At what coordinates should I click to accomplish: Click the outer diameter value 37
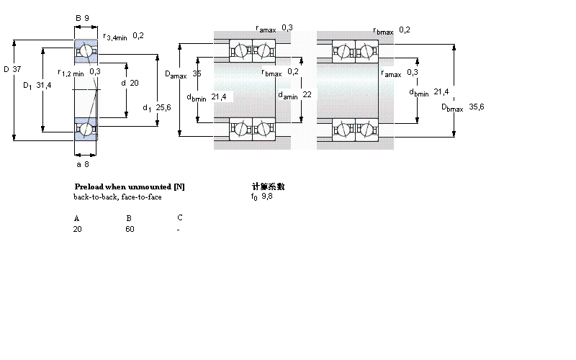click(18, 69)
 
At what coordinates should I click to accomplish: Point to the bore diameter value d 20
click(134, 82)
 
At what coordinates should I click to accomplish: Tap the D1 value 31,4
click(44, 85)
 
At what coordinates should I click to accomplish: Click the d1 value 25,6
click(163, 108)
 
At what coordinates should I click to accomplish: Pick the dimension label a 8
click(83, 164)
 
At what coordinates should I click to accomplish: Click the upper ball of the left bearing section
click(86, 51)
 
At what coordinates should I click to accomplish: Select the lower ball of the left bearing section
click(86, 129)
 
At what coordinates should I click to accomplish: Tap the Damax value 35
click(197, 73)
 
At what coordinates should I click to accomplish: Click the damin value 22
click(307, 94)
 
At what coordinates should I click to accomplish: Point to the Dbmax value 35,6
click(476, 107)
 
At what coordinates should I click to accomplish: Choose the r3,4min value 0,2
click(138, 36)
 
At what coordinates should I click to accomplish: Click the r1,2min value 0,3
click(95, 72)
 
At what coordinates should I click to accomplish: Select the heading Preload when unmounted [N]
click(130, 186)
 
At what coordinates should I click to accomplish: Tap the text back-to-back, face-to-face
click(117, 197)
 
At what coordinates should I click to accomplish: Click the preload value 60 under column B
click(130, 229)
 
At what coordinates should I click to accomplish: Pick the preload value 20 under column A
click(77, 229)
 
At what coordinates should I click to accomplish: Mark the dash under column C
click(178, 230)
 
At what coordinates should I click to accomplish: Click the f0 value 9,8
click(267, 196)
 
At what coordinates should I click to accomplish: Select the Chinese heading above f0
click(268, 186)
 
